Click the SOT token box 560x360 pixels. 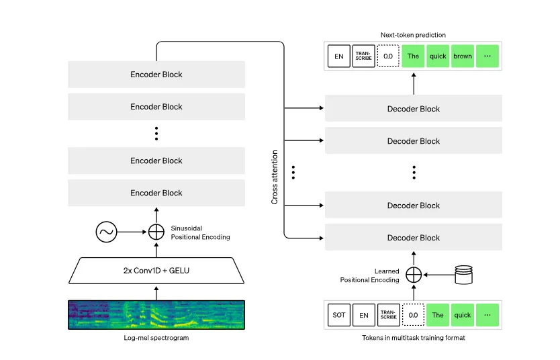[339, 315]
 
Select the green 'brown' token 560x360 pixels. [463, 56]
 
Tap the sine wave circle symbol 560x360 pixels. [106, 232]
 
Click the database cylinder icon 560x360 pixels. [464, 274]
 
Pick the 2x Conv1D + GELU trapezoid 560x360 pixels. [156, 271]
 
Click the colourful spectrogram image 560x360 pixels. [156, 314]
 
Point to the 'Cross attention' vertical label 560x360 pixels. [275, 177]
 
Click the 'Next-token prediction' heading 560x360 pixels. [413, 35]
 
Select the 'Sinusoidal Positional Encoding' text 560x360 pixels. [201, 233]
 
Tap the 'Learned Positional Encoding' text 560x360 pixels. [369, 275]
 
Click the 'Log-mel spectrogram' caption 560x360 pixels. [156, 338]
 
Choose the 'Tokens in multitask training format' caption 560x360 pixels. [413, 338]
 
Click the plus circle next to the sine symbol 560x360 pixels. [156, 232]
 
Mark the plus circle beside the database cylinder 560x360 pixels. [414, 274]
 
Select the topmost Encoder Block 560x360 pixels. [156, 75]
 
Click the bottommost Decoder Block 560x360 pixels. [413, 238]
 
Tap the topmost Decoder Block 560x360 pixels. [413, 109]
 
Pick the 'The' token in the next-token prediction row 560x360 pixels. [413, 56]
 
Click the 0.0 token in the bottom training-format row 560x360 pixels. [413, 315]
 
